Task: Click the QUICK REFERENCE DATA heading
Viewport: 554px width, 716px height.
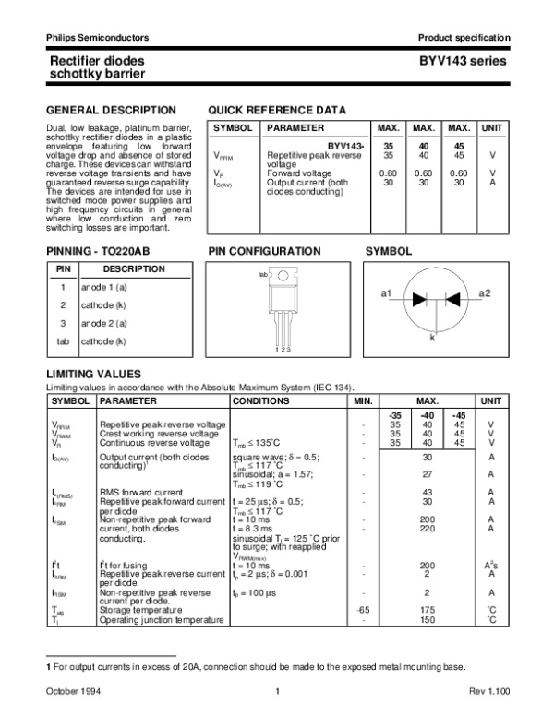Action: (278, 109)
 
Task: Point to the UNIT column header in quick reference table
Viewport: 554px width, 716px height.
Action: (492, 127)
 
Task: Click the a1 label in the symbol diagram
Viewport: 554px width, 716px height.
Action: (387, 292)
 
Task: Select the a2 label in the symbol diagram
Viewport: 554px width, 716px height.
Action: (485, 292)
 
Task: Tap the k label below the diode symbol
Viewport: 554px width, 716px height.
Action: (432, 339)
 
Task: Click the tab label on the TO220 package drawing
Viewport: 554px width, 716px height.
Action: (263, 275)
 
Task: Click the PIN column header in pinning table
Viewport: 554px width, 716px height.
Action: (64, 268)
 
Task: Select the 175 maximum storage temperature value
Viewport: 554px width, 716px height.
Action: (427, 610)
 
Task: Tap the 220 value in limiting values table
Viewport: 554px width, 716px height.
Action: (427, 529)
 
